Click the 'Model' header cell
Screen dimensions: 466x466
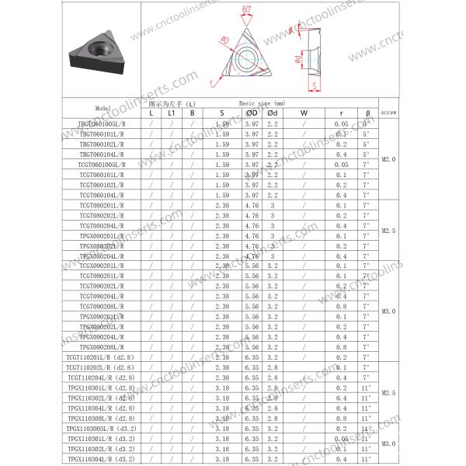(x=103, y=108)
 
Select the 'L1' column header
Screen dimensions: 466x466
(x=172, y=113)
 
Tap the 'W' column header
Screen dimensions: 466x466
(x=304, y=113)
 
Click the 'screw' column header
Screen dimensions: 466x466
(x=389, y=112)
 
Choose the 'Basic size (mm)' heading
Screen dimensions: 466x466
(x=262, y=103)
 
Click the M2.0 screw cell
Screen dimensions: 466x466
(x=389, y=159)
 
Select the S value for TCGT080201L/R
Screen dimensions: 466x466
(x=222, y=205)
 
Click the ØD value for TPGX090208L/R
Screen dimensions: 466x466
(x=252, y=347)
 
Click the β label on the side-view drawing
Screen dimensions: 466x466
(x=290, y=29)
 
